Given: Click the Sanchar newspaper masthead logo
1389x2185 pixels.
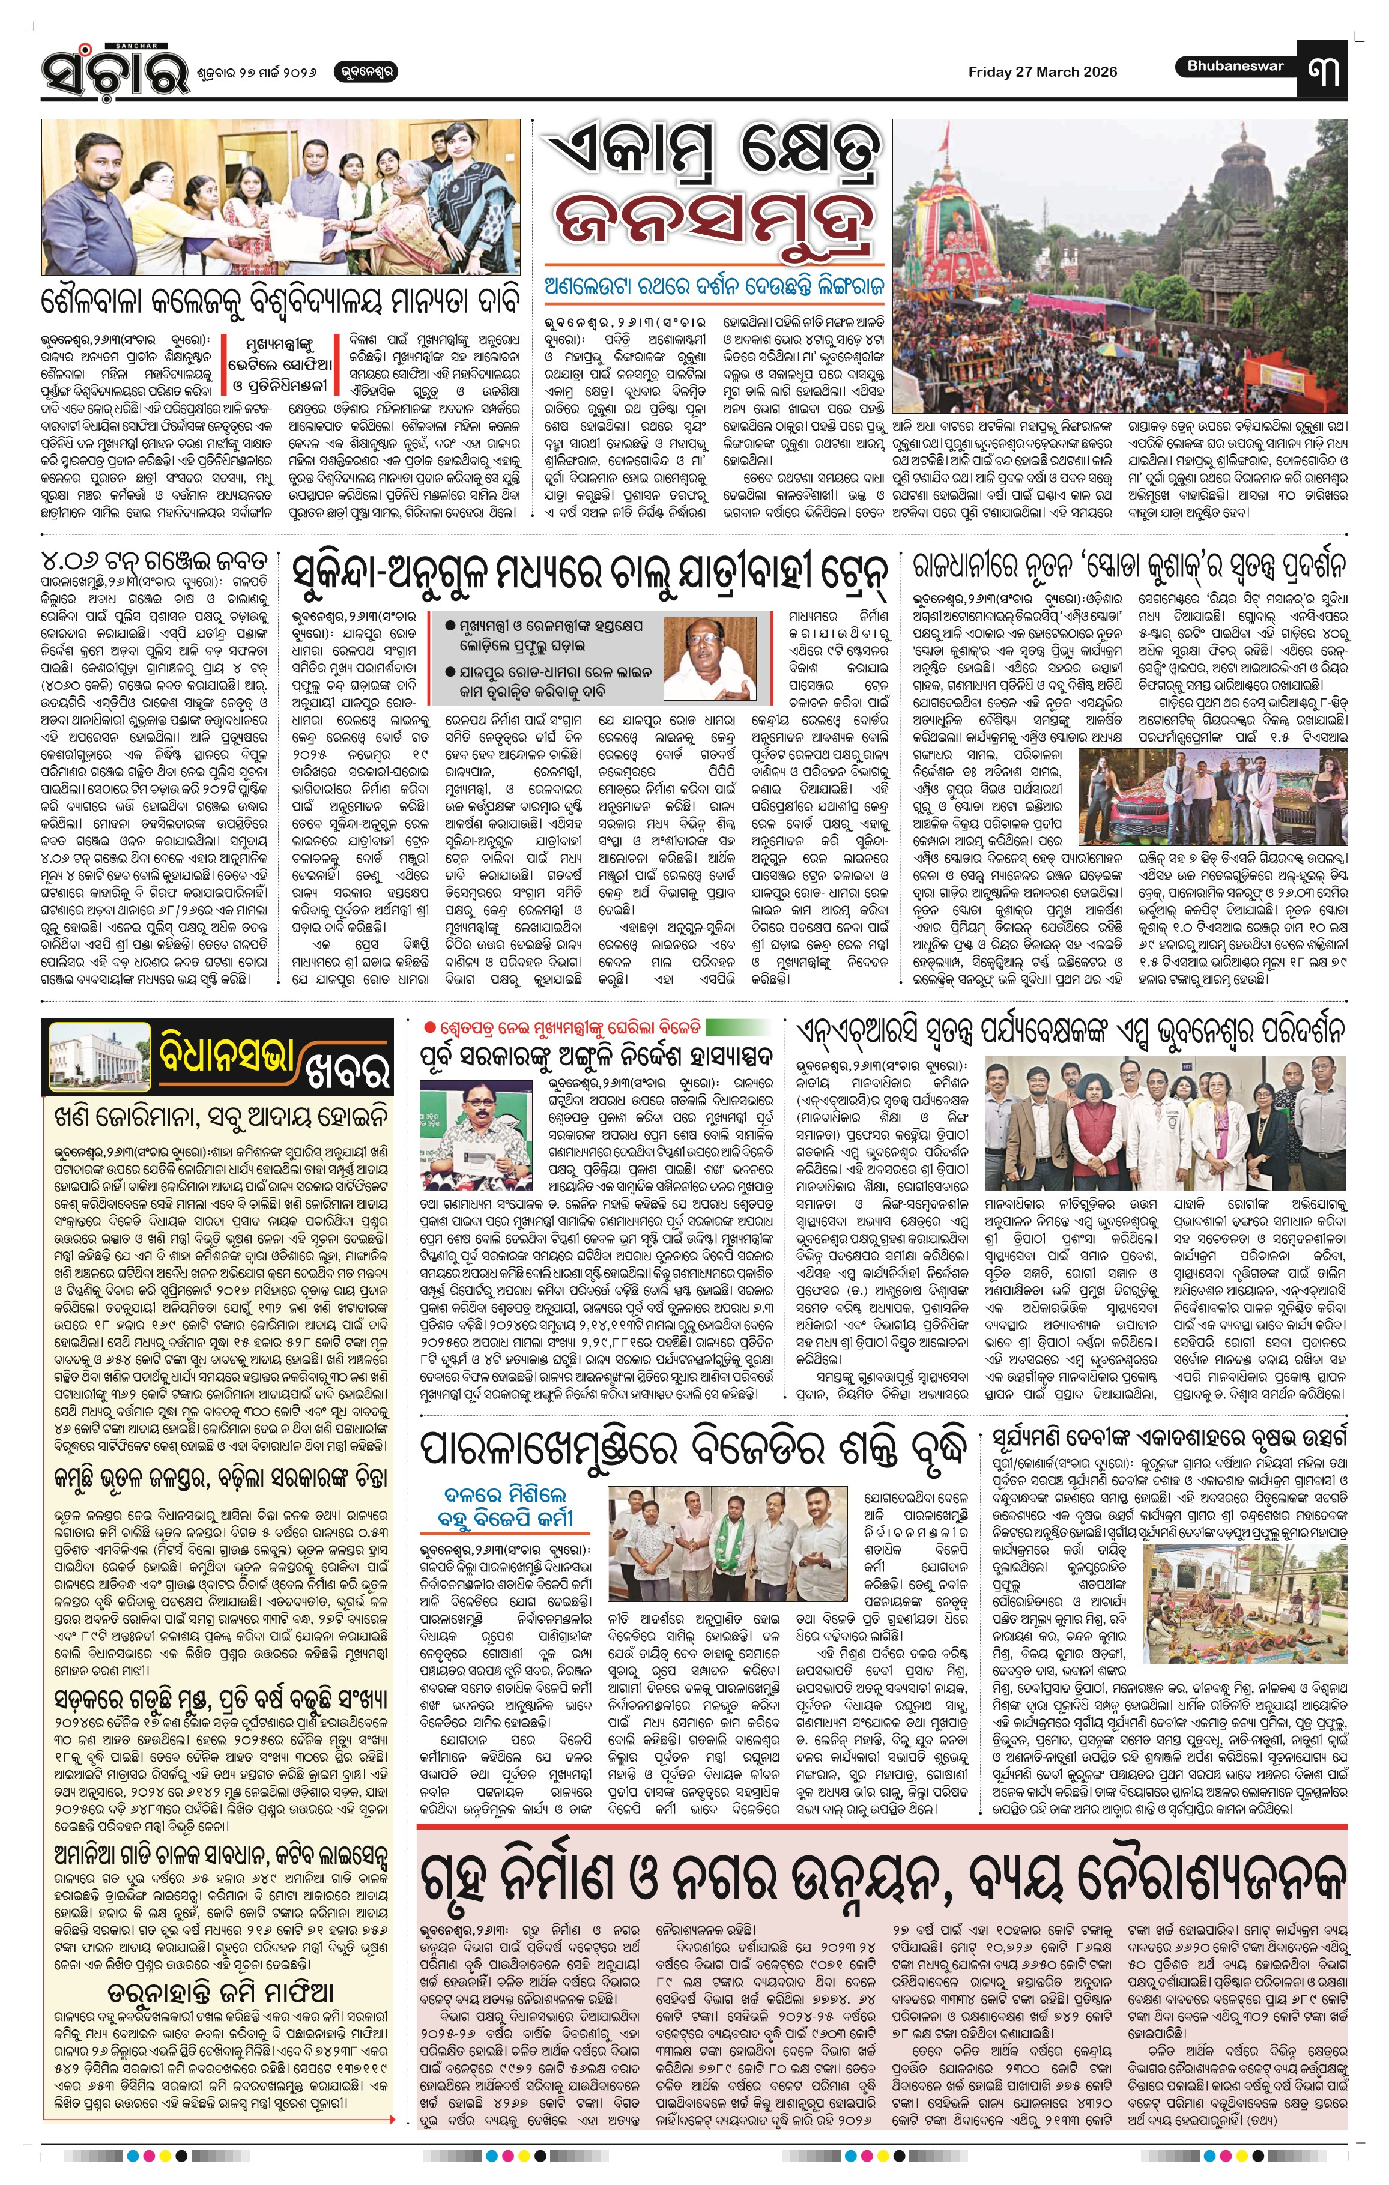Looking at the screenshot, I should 113,71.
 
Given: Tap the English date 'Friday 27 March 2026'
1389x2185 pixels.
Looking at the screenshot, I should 1041,71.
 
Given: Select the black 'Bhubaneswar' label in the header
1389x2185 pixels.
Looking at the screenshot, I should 1235,65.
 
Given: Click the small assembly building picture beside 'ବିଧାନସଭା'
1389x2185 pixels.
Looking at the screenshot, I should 97,1056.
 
